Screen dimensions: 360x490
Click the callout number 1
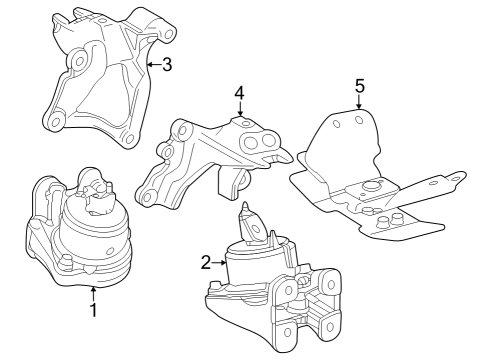point(93,311)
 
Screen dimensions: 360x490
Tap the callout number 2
point(205,263)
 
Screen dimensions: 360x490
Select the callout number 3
point(167,66)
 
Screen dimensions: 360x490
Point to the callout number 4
point(239,93)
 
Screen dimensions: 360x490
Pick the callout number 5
point(359,85)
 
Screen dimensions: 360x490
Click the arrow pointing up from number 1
point(93,293)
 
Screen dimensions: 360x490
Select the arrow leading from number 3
point(152,66)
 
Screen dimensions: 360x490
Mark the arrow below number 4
point(239,111)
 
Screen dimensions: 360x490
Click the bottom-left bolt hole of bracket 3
point(55,123)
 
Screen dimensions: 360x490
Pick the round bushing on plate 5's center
point(371,185)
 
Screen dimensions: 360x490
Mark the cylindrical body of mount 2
point(256,268)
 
